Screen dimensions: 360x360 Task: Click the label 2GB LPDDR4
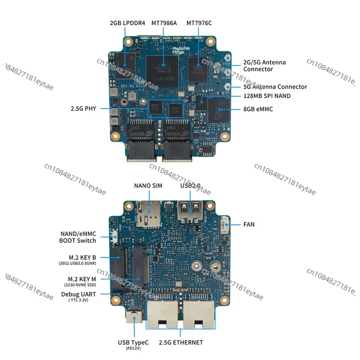(x=127, y=22)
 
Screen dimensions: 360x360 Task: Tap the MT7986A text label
(x=164, y=22)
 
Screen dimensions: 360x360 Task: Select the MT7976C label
(x=199, y=22)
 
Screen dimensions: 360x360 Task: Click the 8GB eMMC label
(x=258, y=109)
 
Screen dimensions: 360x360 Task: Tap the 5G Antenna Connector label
(x=275, y=87)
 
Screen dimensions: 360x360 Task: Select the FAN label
(x=248, y=224)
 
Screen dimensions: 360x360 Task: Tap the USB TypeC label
(x=133, y=342)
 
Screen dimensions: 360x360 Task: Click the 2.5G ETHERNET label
(x=181, y=342)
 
